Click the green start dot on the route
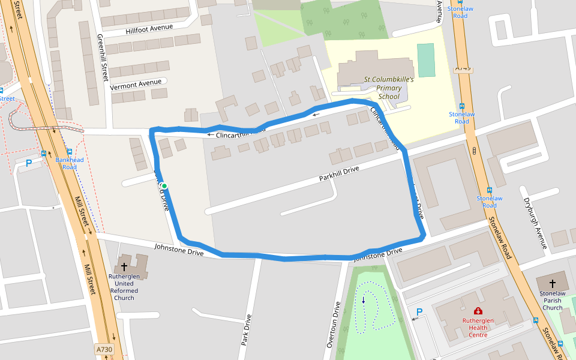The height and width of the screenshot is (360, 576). click(x=164, y=186)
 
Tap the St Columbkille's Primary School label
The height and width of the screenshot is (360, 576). click(x=383, y=88)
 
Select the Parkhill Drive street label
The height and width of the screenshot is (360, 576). click(x=339, y=174)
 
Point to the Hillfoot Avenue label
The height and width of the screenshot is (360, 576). click(x=149, y=28)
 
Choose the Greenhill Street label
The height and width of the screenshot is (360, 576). click(x=101, y=58)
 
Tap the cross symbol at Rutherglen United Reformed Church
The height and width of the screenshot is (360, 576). click(x=125, y=266)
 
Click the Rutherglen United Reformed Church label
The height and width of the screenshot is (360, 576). click(x=124, y=287)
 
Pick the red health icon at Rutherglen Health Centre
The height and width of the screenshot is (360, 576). click(x=478, y=311)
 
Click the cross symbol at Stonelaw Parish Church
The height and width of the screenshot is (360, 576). click(x=553, y=283)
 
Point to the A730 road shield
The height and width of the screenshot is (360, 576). click(x=104, y=348)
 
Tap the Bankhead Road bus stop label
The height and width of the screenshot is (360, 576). click(x=70, y=163)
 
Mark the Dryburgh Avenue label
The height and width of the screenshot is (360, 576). click(x=535, y=223)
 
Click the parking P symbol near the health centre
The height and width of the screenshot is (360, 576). click(x=419, y=311)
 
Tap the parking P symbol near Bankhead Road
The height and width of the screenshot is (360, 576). click(x=28, y=163)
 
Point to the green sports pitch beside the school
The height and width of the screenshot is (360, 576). click(x=426, y=60)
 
